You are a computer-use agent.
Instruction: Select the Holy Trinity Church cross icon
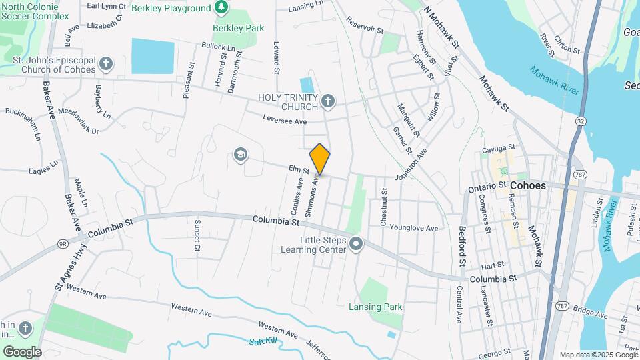tap(327, 101)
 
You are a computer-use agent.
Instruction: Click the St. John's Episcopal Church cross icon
tap(105, 64)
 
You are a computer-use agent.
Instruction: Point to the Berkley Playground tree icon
tap(221, 8)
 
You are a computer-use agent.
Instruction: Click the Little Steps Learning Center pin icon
tap(355, 245)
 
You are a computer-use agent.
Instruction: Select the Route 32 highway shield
tap(581, 121)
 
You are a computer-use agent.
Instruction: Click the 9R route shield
tap(63, 244)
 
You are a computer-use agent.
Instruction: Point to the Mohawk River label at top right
tap(554, 80)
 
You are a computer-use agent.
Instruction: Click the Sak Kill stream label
tap(261, 342)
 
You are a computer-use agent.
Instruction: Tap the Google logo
tap(22, 351)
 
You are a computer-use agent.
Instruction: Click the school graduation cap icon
tap(239, 155)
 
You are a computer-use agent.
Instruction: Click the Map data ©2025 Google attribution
tap(598, 355)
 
